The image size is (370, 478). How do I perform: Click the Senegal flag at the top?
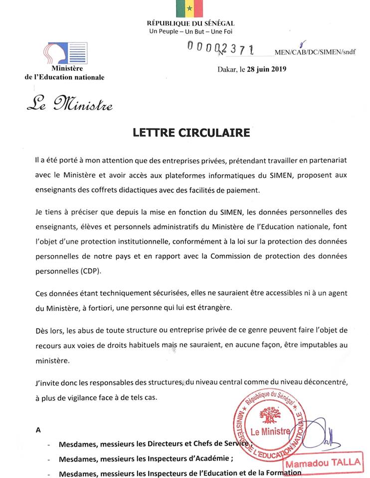point(189,8)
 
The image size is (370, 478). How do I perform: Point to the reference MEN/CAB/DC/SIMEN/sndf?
point(315,52)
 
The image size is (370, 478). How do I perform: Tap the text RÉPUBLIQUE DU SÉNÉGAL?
point(190,23)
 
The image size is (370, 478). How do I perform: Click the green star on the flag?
point(189,8)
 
